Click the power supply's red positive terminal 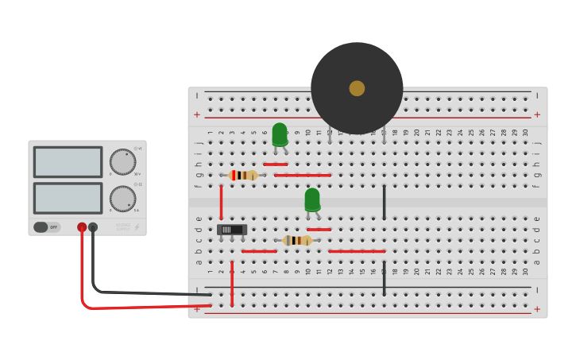(x=82, y=227)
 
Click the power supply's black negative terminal (x=93, y=227)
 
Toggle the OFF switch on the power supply (x=47, y=227)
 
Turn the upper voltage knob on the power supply (x=122, y=161)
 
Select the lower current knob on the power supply (x=122, y=199)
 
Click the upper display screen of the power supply (x=68, y=161)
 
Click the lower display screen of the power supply (x=68, y=198)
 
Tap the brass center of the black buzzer (x=357, y=88)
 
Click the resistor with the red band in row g (x=243, y=175)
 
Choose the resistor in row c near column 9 (x=297, y=240)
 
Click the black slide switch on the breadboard (x=232, y=230)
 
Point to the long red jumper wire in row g (x=302, y=175)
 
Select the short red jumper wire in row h (x=275, y=165)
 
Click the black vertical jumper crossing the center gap (x=384, y=203)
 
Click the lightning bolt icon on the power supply (x=137, y=227)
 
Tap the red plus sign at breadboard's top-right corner (x=537, y=114)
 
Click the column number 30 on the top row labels (x=525, y=133)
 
